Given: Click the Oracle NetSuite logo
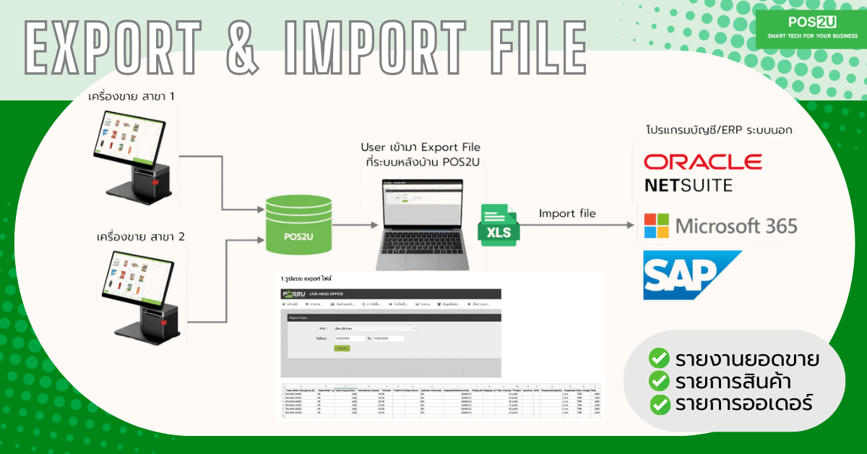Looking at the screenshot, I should tap(702, 171).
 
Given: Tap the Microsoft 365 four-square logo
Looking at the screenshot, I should tap(656, 226).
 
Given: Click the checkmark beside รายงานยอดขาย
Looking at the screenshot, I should tap(658, 358).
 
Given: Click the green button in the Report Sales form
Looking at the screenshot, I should tap(341, 348).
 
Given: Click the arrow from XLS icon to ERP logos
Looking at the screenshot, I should tap(578, 227).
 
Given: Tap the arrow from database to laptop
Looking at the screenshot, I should tap(345, 226).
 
